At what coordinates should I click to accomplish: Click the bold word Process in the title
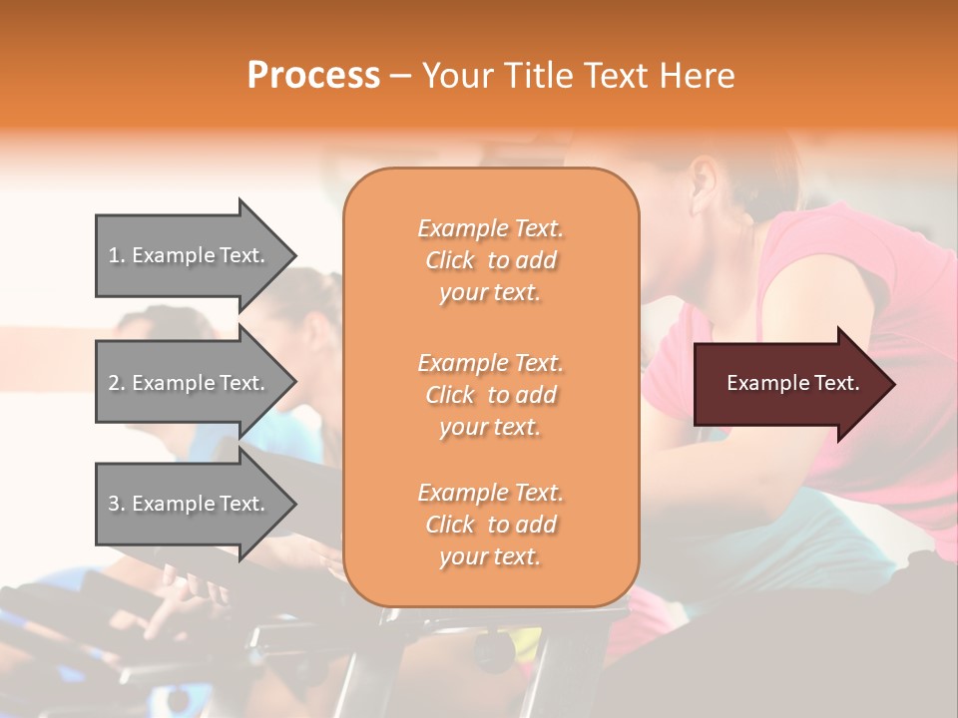[x=313, y=76]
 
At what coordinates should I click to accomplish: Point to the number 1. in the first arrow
[x=117, y=255]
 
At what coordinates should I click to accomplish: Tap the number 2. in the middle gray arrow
[x=117, y=383]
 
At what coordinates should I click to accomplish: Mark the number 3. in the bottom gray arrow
[x=117, y=504]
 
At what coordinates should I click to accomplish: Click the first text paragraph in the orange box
[x=491, y=260]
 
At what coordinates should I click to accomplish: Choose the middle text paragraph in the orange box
[x=491, y=395]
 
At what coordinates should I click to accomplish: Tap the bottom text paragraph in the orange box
[x=491, y=525]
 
